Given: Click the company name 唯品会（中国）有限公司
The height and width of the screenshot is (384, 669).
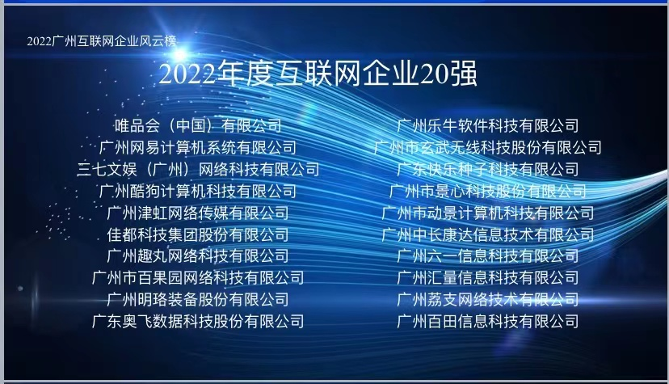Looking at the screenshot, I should (x=198, y=125).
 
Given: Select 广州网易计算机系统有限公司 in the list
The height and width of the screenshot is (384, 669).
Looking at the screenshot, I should (x=198, y=147).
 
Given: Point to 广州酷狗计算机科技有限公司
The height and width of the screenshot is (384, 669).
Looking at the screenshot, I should (x=198, y=191).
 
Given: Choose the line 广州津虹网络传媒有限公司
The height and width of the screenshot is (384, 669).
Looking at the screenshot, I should (x=198, y=213).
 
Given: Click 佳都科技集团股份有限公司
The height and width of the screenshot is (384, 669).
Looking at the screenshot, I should (x=198, y=234).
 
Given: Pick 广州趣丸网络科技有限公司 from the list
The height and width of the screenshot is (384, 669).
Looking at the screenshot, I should (x=198, y=255).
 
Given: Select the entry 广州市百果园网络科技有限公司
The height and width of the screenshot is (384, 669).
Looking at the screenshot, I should (x=198, y=277).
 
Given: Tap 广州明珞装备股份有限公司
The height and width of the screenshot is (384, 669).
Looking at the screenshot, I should (x=198, y=299).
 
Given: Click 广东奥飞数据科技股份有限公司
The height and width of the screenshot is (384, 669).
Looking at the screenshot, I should (x=198, y=321).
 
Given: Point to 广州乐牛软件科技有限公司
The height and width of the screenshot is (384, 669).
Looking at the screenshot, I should (x=488, y=125).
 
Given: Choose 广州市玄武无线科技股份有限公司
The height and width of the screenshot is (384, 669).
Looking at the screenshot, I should (x=488, y=147).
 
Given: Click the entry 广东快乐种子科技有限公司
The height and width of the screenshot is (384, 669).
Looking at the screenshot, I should (x=488, y=169).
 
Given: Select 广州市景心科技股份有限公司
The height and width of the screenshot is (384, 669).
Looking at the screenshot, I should (x=488, y=191).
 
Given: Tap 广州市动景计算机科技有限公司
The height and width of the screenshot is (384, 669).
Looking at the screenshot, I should (x=488, y=213).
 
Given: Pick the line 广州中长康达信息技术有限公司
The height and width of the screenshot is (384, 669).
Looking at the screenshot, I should (x=488, y=234).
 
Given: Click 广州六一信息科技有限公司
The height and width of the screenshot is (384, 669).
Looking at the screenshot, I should (x=488, y=255).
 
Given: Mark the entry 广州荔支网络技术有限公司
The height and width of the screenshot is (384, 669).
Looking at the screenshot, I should (x=488, y=299).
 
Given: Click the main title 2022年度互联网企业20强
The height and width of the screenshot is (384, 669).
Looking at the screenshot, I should (x=318, y=74).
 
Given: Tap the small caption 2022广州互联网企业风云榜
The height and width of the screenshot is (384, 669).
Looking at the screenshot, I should (x=101, y=40).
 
